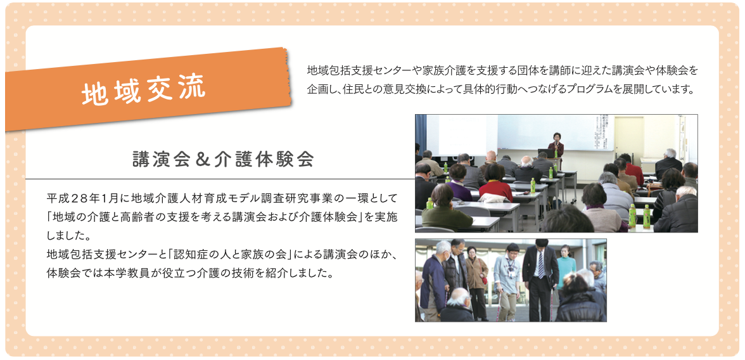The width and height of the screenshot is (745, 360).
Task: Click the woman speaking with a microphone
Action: (x=556, y=145)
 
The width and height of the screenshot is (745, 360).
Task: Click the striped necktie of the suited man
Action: (x=540, y=264)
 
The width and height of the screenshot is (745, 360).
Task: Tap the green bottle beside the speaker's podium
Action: (x=556, y=154)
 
